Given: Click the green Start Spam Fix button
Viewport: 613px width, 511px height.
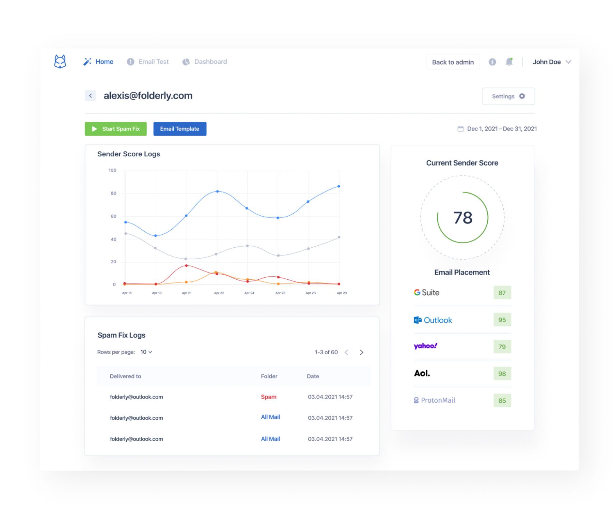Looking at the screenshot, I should point(115,129).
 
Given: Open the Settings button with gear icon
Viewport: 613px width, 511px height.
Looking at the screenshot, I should point(508,96).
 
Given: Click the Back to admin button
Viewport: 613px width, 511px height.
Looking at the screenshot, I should point(453,62).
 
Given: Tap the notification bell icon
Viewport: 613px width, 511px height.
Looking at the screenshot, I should point(509,62).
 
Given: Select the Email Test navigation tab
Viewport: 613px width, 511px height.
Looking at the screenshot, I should point(148,62).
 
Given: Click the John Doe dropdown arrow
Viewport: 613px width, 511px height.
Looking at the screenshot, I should point(568,62).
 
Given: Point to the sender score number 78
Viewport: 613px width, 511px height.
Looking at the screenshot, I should point(462,218).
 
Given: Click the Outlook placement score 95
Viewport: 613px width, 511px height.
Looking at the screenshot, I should point(502,320).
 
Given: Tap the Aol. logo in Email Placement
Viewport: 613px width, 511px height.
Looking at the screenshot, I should point(422,373).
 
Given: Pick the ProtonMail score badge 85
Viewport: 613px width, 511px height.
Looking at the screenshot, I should point(502,401).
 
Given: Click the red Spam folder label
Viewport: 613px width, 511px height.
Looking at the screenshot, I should point(269,397).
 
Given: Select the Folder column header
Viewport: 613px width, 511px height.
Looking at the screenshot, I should point(269,376).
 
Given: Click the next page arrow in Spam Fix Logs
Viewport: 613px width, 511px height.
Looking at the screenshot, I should point(361,352).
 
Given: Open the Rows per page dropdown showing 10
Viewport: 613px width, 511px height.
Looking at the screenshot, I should point(146,352).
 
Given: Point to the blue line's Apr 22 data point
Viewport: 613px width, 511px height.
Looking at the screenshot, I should point(218,191).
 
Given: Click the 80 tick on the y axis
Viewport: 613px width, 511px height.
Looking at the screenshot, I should point(113,193).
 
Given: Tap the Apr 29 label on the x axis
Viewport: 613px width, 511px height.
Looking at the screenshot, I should point(342,293).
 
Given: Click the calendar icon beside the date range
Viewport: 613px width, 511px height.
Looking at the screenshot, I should point(460,129).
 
